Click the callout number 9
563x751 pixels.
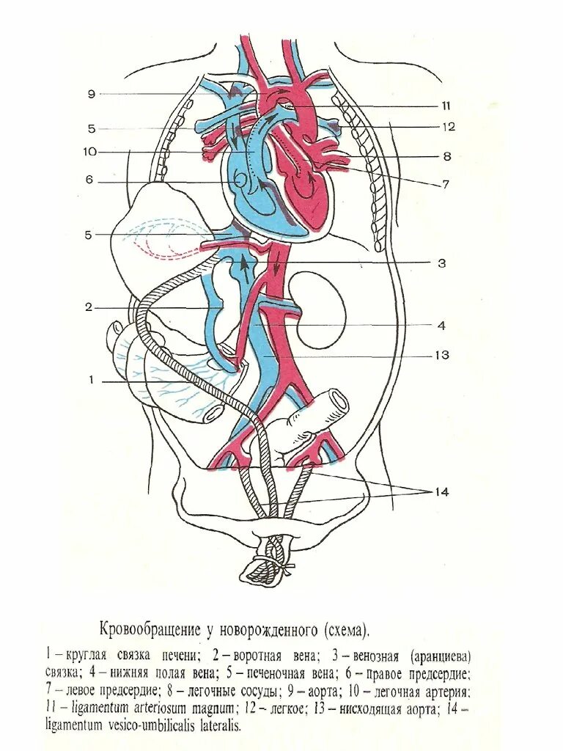(92, 94)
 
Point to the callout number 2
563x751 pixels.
(89, 307)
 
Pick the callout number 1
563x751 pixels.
(92, 381)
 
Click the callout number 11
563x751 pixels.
(445, 106)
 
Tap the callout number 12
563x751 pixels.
(448, 127)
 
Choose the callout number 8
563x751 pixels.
(446, 156)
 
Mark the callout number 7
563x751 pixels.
(445, 185)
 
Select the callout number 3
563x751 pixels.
(442, 263)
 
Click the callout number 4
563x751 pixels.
(441, 326)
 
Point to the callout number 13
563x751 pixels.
(441, 356)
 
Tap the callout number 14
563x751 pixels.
(441, 491)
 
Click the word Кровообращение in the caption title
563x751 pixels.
(149, 630)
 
